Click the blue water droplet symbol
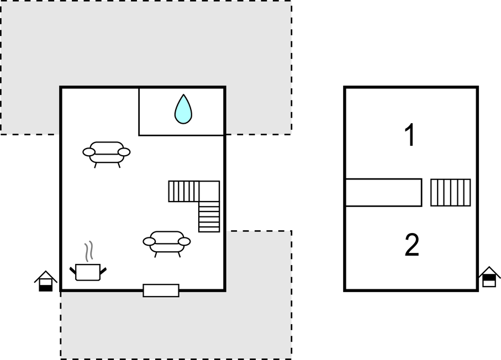(183, 109)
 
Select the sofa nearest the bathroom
(107, 154)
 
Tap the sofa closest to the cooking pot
(166, 244)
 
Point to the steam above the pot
(89, 251)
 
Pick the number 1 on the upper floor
(410, 135)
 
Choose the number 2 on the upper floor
(412, 245)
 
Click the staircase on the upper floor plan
(451, 193)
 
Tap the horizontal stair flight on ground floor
(184, 192)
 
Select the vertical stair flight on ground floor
(209, 216)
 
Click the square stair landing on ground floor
(209, 192)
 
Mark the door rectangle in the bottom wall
(161, 290)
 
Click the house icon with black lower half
(46, 281)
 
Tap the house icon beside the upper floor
(489, 277)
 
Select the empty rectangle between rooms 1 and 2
(383, 193)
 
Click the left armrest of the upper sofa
(89, 152)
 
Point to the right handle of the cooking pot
(103, 272)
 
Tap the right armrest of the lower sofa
(184, 241)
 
